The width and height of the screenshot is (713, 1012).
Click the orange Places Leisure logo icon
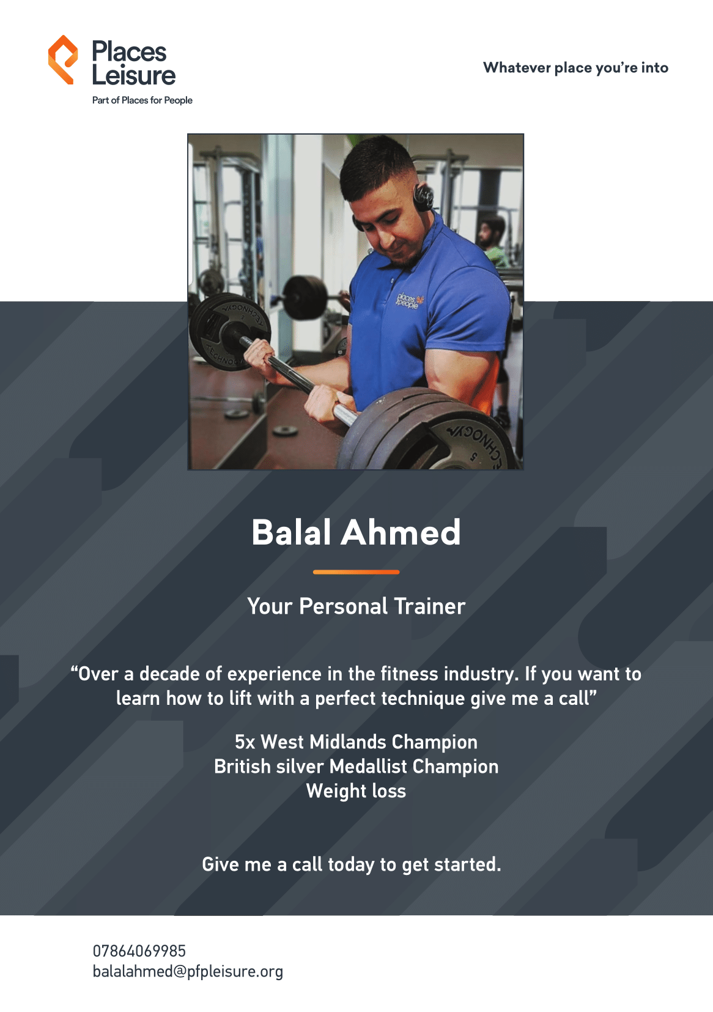tap(63, 59)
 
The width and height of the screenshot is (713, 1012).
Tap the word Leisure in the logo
tap(134, 75)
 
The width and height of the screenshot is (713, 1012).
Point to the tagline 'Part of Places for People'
tap(142, 100)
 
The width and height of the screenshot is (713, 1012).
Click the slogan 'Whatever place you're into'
tap(575, 68)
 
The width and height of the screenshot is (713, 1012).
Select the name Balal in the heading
tap(292, 532)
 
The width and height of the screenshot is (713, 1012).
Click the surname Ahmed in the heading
tap(401, 532)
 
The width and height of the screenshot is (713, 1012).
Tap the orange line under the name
tap(356, 572)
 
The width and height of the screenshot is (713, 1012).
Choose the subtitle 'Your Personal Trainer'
tap(356, 606)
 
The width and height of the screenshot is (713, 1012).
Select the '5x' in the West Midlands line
tap(245, 742)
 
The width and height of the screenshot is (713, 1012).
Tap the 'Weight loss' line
tap(356, 792)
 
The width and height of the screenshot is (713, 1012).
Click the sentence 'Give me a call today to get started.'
tap(352, 865)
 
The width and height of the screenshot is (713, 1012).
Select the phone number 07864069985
tap(139, 951)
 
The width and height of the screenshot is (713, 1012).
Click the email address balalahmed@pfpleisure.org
tap(188, 972)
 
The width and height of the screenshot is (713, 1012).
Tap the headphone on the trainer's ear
tap(424, 197)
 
